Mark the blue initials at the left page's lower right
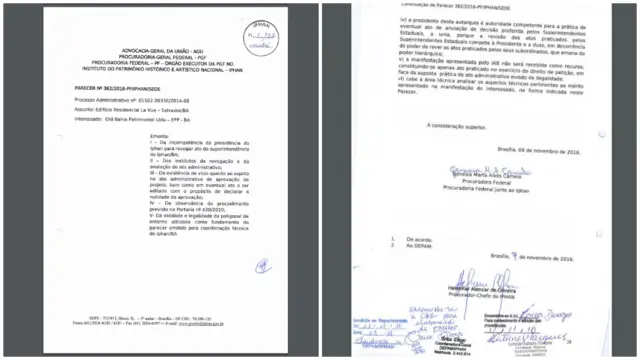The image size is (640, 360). click(x=262, y=264)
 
